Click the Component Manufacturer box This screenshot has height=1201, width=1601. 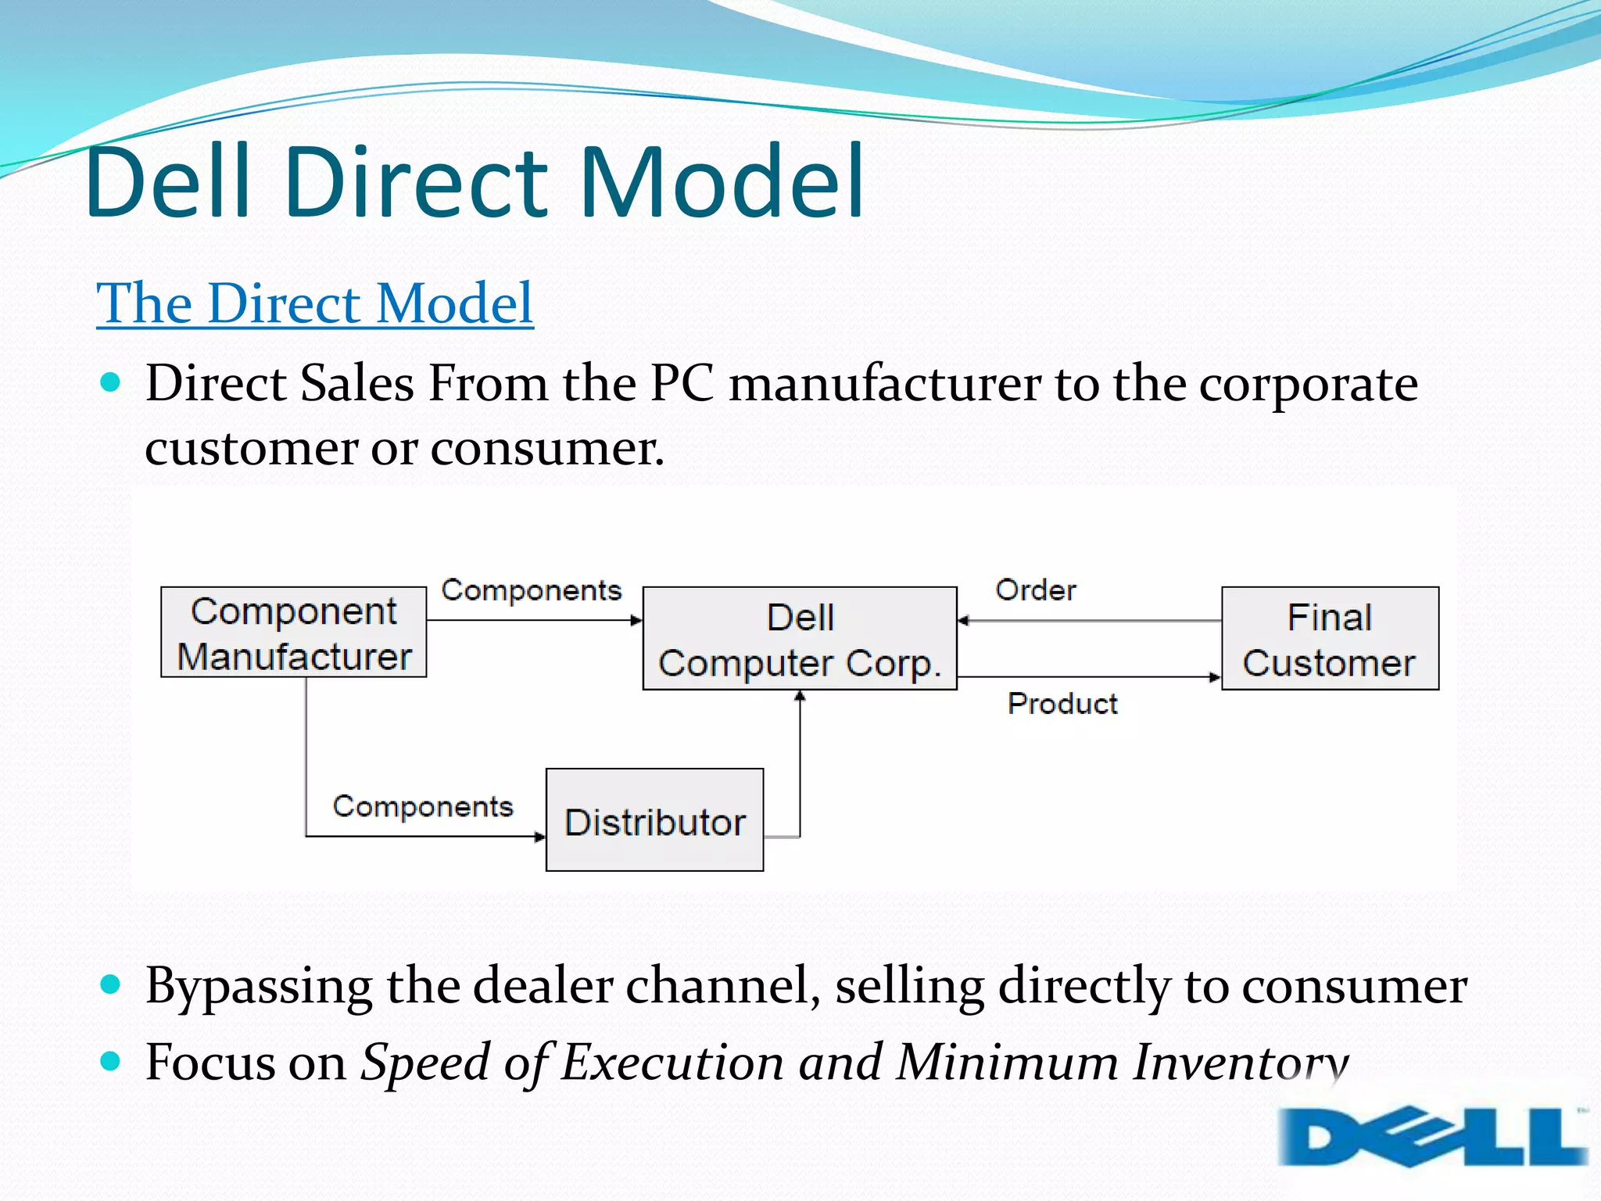pos(293,633)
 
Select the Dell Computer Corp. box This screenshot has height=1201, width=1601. pos(800,639)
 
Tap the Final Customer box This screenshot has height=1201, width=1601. pos(1330,639)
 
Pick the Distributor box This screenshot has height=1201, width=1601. pos(654,820)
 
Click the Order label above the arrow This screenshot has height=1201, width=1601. pos(1036,590)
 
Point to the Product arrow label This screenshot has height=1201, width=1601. pos(1062,704)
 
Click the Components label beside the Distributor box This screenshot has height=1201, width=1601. pos(423,806)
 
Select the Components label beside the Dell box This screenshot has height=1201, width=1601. pos(532,590)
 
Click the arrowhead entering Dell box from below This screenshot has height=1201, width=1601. pos(800,696)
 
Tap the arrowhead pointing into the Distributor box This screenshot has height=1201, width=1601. pos(540,837)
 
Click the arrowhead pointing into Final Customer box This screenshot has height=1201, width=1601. pos(1215,677)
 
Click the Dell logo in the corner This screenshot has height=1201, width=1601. pos(1433,1135)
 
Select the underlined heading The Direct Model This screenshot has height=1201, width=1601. pos(314,303)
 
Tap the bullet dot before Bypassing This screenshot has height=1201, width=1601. pos(111,984)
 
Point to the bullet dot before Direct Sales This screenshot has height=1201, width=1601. pos(111,382)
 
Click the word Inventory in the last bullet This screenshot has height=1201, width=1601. pos(1241,1062)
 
